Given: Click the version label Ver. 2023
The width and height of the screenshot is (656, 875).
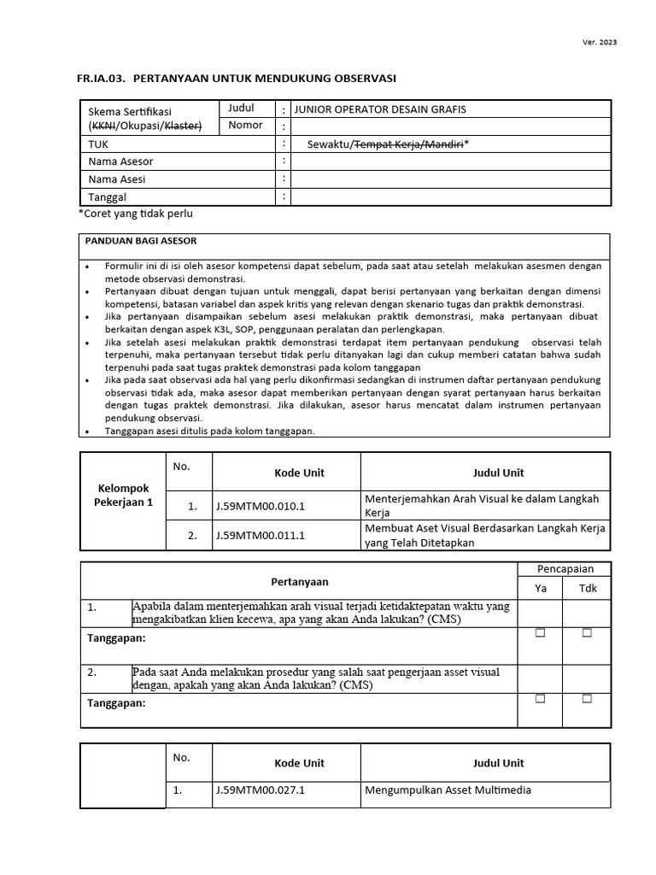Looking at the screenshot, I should point(600,42).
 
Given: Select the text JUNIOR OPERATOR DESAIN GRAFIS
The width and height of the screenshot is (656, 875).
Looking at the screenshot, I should point(379,109).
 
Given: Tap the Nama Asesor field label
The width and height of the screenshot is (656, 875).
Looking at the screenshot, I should point(120,161).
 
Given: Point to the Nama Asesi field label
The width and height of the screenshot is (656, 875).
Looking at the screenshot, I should point(117,179).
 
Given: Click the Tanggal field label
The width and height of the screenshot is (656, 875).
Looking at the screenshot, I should point(108,197).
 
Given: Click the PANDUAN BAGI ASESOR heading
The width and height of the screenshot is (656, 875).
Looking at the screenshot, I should point(141,242).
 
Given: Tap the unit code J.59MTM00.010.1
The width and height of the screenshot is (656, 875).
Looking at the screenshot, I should point(260,506).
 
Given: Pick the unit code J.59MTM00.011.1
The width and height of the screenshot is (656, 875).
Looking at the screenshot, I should point(260,536).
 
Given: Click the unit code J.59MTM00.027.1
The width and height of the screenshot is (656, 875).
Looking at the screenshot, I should point(260,790).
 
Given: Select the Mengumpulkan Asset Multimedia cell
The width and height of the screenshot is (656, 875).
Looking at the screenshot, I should point(448,790).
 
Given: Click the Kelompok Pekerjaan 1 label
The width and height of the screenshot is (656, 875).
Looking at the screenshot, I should point(123,496).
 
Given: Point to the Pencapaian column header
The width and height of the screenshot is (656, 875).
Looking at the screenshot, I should point(565,568).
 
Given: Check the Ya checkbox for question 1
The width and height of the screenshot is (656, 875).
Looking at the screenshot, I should point(540,633).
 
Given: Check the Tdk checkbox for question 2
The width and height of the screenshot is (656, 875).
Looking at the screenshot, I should point(587,699).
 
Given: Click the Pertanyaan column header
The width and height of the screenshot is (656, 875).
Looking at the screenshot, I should point(299,581).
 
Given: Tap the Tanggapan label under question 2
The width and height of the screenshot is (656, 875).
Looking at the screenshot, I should point(117,703).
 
